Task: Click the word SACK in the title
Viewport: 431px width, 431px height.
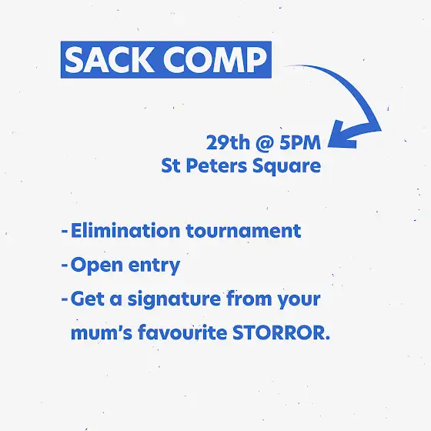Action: (109, 60)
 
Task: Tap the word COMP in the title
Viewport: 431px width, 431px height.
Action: (215, 60)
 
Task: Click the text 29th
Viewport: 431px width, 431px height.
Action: (228, 142)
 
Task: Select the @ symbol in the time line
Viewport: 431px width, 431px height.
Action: (265, 143)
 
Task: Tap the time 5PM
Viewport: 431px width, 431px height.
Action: (300, 142)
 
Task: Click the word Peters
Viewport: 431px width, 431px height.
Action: (216, 165)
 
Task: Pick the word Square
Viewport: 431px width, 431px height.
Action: (286, 166)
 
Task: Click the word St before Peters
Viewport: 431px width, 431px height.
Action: (171, 165)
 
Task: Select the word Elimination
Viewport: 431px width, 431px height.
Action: (125, 230)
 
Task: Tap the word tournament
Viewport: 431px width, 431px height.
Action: (243, 231)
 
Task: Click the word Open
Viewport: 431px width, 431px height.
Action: (97, 266)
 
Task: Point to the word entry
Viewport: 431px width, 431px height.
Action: (154, 266)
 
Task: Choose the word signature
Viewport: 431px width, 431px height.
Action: (174, 299)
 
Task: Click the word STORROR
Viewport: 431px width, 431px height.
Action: (281, 332)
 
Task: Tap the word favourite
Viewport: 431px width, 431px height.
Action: (182, 332)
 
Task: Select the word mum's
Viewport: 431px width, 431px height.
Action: (102, 332)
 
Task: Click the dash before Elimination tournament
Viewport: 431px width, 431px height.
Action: (65, 232)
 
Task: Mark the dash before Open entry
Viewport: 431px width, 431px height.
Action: (65, 266)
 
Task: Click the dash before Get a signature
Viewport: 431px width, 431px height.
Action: (65, 299)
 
